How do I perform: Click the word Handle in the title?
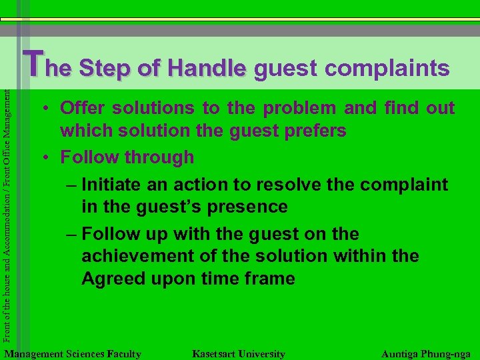point(207,68)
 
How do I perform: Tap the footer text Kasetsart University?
point(238,354)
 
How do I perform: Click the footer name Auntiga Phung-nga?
point(425,354)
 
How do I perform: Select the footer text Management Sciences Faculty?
point(72,354)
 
